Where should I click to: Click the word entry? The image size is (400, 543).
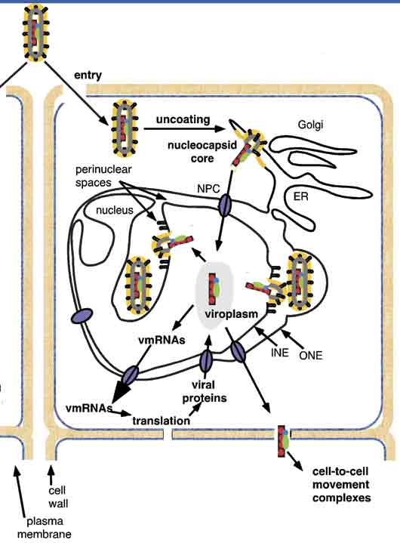pos(88,76)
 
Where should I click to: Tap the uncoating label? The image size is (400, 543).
pos(183,119)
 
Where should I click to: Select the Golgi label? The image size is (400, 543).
pos(310,125)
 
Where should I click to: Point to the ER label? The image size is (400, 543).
pos(300,196)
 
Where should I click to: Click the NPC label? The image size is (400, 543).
pos(208,189)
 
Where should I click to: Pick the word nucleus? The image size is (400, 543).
pos(115,210)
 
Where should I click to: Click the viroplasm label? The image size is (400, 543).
pos(231,314)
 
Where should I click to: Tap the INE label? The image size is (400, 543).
pos(279,352)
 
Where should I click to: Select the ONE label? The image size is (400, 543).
pos(311,355)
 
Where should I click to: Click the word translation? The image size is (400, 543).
pos(162,421)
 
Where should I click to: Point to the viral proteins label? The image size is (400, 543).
pos(205,392)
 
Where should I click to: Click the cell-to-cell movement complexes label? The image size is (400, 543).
pos(341,485)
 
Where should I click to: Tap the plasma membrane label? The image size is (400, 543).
pos(45,528)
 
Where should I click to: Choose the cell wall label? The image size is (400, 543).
pos(57,497)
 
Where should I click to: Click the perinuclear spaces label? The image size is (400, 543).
pos(103,176)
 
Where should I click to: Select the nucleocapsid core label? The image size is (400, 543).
pos(202,151)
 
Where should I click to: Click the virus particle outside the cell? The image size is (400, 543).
pos(35,33)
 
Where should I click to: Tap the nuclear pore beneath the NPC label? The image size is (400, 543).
pos(225,205)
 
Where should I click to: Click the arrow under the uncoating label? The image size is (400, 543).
pos(185,129)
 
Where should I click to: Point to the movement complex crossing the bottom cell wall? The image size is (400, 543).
pos(284,441)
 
